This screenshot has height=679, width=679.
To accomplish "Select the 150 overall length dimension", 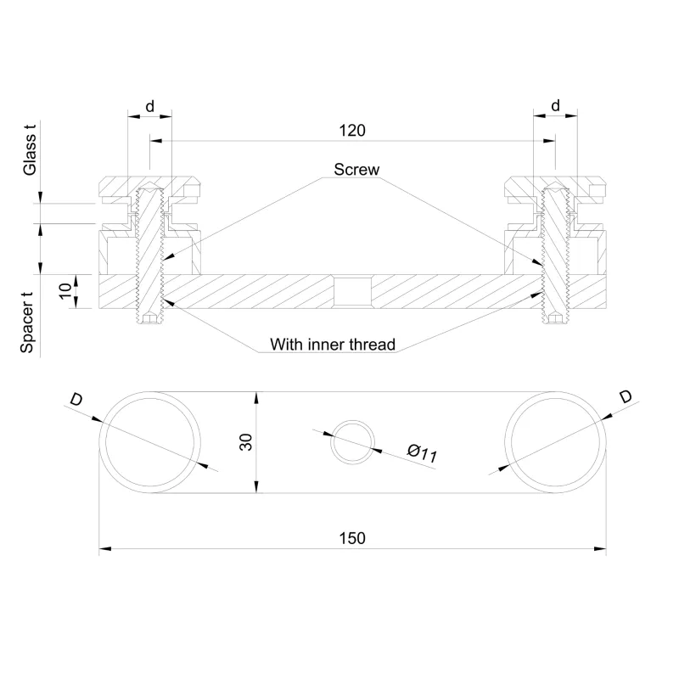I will [x=352, y=538].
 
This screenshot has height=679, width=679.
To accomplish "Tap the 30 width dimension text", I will [x=246, y=441].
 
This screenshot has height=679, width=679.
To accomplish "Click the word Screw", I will [x=356, y=170].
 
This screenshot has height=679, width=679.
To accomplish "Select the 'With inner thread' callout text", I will [x=332, y=345].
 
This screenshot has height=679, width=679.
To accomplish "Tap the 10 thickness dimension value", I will [x=65, y=291].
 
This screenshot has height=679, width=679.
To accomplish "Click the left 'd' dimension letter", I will [x=149, y=105].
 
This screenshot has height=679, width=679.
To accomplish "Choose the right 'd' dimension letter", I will [x=555, y=105].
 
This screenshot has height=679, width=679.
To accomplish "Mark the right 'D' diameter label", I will [x=625, y=396].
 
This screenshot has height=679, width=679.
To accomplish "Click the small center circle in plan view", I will [x=352, y=441].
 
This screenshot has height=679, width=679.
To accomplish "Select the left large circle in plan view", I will [x=150, y=441].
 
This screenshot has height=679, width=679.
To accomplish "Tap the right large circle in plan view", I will [x=555, y=441].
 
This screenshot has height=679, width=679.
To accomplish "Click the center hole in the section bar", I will [x=351, y=292].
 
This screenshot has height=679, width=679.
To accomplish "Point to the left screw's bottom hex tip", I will [x=150, y=320].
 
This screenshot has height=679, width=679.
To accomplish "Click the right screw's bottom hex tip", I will [x=555, y=320].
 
